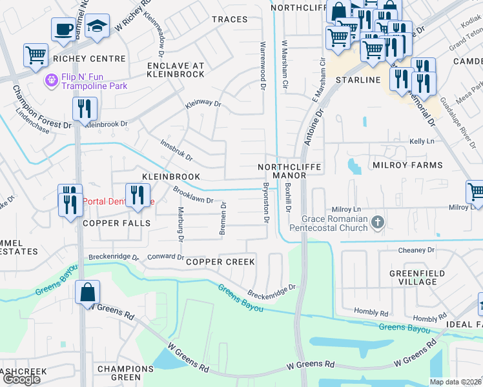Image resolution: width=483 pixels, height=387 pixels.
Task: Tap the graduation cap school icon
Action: (97, 26)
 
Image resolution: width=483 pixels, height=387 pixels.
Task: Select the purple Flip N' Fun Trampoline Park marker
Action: (51, 80)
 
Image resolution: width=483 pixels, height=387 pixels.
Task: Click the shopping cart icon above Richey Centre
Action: (36, 54)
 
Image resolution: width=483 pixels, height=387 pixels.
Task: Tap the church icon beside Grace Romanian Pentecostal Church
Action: (378, 223)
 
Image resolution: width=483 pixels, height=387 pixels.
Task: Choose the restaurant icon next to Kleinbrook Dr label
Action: (84, 108)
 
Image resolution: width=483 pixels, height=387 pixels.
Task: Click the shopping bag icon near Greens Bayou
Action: (87, 292)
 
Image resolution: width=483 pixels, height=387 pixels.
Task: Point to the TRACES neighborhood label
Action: (229, 19)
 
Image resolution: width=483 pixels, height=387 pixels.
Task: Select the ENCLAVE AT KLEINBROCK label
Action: (176, 70)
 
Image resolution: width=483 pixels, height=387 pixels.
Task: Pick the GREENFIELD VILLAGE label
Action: (417, 277)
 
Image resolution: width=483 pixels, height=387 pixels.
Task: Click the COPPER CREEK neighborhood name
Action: (220, 262)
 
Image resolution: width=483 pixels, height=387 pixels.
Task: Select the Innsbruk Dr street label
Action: (176, 152)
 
